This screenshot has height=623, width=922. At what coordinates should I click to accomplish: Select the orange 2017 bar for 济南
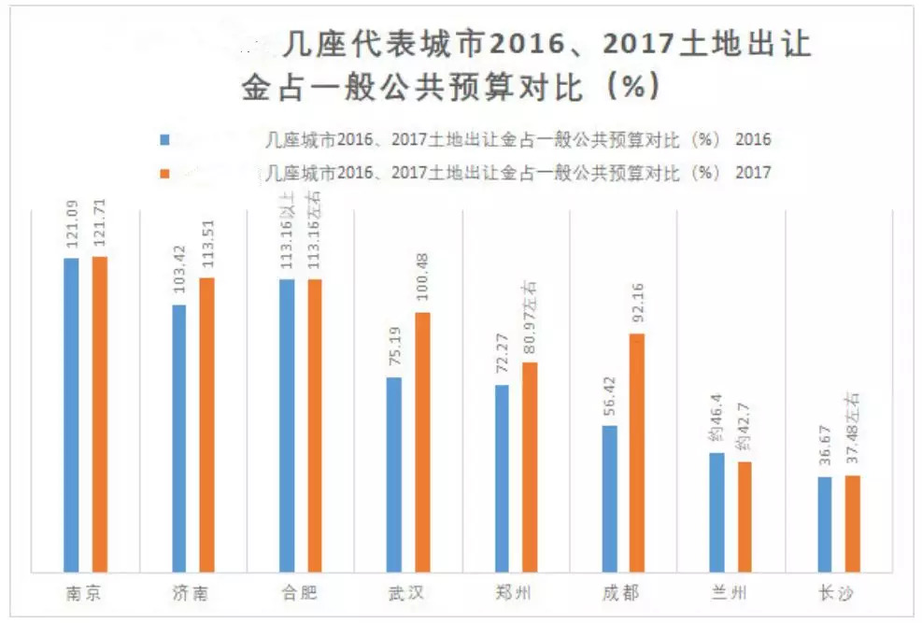click(x=206, y=424)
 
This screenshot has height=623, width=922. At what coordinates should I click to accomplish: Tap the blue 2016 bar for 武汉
click(x=394, y=474)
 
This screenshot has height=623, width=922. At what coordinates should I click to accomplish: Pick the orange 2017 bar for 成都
click(x=636, y=452)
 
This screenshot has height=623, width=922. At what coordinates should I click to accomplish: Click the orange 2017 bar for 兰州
click(x=744, y=516)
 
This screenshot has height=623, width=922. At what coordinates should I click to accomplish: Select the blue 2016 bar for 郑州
click(x=502, y=477)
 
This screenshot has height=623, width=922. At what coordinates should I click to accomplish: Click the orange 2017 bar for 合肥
click(x=314, y=425)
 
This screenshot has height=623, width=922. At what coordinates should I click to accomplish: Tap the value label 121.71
click(x=99, y=227)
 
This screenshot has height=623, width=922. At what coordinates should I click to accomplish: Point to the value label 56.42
click(x=609, y=396)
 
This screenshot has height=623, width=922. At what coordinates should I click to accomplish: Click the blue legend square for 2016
click(x=164, y=140)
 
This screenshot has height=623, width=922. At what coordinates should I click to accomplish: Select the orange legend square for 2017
click(x=164, y=173)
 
